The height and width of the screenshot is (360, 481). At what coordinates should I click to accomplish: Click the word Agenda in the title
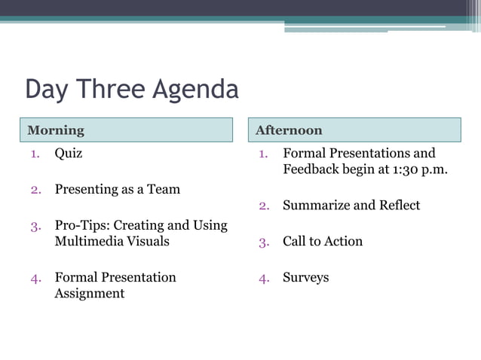click(x=196, y=90)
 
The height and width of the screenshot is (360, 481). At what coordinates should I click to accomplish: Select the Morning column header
click(x=56, y=130)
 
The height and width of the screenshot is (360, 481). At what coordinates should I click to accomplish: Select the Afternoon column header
click(x=289, y=130)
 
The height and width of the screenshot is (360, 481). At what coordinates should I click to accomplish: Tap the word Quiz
click(x=69, y=154)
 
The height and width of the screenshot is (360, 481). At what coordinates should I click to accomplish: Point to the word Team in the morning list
click(x=164, y=190)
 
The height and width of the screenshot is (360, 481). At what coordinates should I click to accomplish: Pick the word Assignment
click(x=89, y=294)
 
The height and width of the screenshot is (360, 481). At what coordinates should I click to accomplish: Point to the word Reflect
click(x=398, y=206)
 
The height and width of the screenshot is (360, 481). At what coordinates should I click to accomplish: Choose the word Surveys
click(x=306, y=278)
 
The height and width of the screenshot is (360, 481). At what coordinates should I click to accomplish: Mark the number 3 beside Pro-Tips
click(x=35, y=226)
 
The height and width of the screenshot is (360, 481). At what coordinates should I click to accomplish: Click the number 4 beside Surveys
click(x=263, y=278)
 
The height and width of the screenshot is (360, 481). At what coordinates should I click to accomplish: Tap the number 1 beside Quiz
click(x=35, y=154)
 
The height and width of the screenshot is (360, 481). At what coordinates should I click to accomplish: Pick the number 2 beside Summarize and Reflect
click(x=263, y=206)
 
